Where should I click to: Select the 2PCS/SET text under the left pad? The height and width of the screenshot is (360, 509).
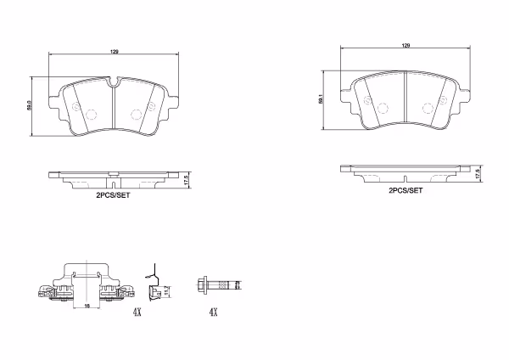pyautogui.click(x=112, y=194)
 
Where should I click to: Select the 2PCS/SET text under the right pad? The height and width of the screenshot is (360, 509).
pyautogui.click(x=405, y=191)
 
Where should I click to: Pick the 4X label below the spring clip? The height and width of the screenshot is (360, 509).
pyautogui.click(x=137, y=312)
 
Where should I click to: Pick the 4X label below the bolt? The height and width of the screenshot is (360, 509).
pyautogui.click(x=214, y=312)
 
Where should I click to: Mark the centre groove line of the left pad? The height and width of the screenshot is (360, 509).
pyautogui.click(x=114, y=109)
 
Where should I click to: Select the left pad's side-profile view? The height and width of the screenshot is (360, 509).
pyautogui.click(x=114, y=179)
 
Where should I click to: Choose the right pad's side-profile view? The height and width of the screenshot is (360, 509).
pyautogui.click(x=406, y=173)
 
